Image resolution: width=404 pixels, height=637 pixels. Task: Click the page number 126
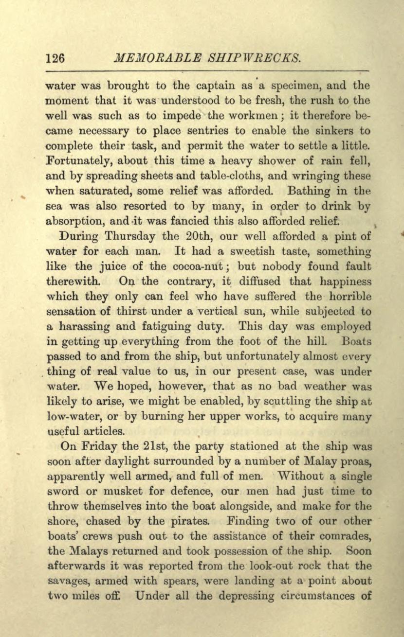[55, 58]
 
